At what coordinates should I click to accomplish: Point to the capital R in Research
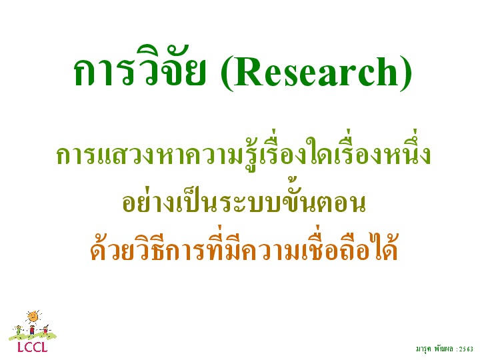point(248,71)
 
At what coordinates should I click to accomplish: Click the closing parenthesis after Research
point(406,73)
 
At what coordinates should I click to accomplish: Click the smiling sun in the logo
point(33,317)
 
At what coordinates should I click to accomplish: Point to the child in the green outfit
point(19,330)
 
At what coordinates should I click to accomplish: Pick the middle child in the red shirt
point(32,330)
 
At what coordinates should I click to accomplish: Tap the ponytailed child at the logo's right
point(45,330)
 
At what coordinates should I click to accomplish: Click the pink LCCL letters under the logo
point(33,347)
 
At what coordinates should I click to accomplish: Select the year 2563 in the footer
point(466,349)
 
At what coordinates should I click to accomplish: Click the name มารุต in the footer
point(424,349)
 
